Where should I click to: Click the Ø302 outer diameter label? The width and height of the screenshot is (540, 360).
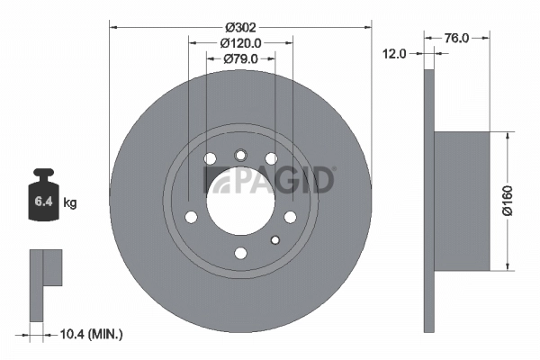pos(239,25)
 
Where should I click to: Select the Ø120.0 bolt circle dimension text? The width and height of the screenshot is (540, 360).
pos(239,42)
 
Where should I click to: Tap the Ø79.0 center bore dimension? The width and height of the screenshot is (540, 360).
pos(239,58)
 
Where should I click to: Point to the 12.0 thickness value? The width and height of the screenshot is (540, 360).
pos(395,54)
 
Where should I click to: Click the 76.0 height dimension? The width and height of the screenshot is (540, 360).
pos(456,38)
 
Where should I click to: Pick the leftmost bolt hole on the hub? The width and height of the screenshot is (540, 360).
pos(190,216)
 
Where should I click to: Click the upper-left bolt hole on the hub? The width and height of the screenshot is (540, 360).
pos(211,160)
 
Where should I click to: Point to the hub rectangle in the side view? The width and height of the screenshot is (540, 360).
pos(462,201)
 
